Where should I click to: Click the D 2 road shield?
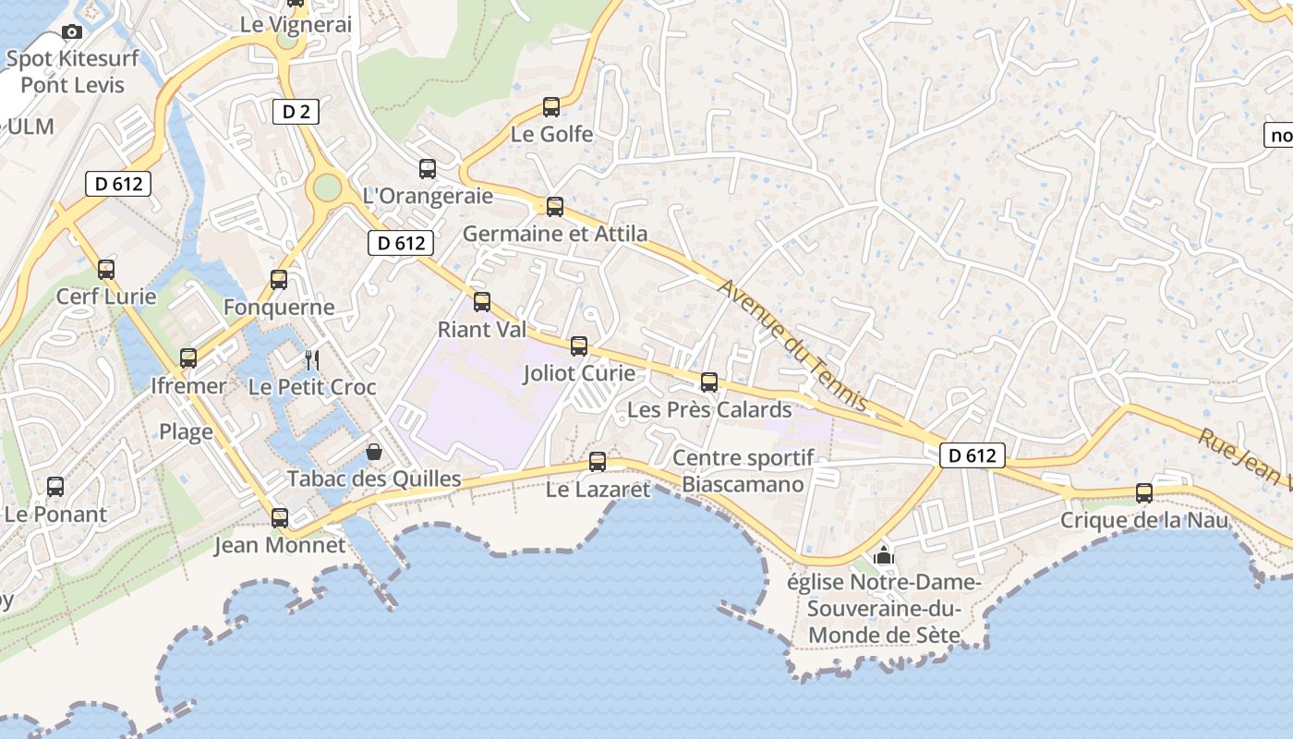pos(296,113)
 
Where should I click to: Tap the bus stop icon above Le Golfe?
pos(551,107)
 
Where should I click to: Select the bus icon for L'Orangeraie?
pos(428,169)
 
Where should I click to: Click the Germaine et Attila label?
pos(555,234)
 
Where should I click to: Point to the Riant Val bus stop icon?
pos(482,302)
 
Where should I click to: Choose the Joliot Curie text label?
pos(579,373)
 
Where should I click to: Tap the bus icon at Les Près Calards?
pos(709,382)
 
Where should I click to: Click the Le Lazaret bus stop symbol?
pos(598,462)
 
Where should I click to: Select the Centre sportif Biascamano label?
pos(743,471)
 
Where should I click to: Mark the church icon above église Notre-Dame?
pos(884,555)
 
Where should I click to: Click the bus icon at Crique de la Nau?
pos(1144,493)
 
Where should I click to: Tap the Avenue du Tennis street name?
pos(793,345)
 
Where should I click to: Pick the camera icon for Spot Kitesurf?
pos(72,32)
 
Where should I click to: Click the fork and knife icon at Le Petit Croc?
pos(312,359)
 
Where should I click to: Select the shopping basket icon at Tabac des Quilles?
pos(374,452)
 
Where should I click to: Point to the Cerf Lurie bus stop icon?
pos(106,270)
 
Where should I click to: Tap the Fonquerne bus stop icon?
pos(279,280)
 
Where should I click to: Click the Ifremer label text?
pos(188,386)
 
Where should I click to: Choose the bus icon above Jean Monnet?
pos(280,518)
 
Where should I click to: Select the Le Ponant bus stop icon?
pos(55,487)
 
